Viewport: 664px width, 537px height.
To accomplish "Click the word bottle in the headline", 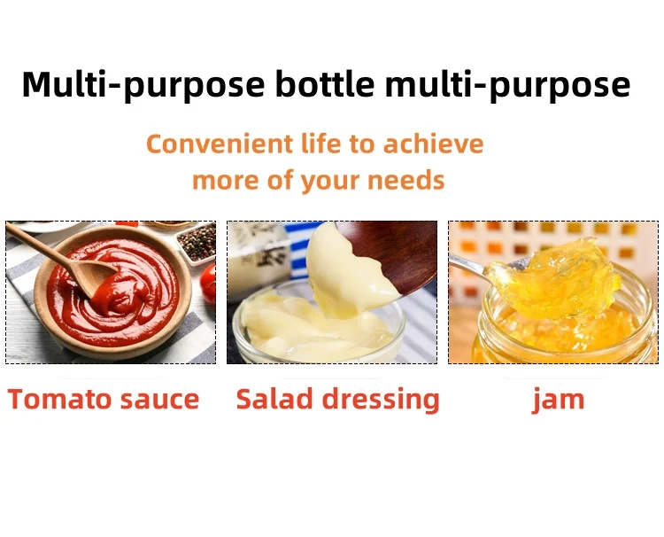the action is point(325,83).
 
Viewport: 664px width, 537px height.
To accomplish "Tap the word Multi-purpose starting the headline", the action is point(143,85).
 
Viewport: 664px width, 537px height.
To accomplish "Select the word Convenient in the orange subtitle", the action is point(220,144).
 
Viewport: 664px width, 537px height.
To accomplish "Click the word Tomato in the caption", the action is point(59,400).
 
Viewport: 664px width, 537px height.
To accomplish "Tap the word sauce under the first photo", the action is point(159,401).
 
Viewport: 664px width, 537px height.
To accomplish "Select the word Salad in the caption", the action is point(274,400).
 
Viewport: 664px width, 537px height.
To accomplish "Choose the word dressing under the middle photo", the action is point(381,401).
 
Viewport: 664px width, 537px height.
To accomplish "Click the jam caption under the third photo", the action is point(558,401).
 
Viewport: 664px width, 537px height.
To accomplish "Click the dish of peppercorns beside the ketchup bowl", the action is point(197,244).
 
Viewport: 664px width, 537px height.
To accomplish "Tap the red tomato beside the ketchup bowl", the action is point(208,284).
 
